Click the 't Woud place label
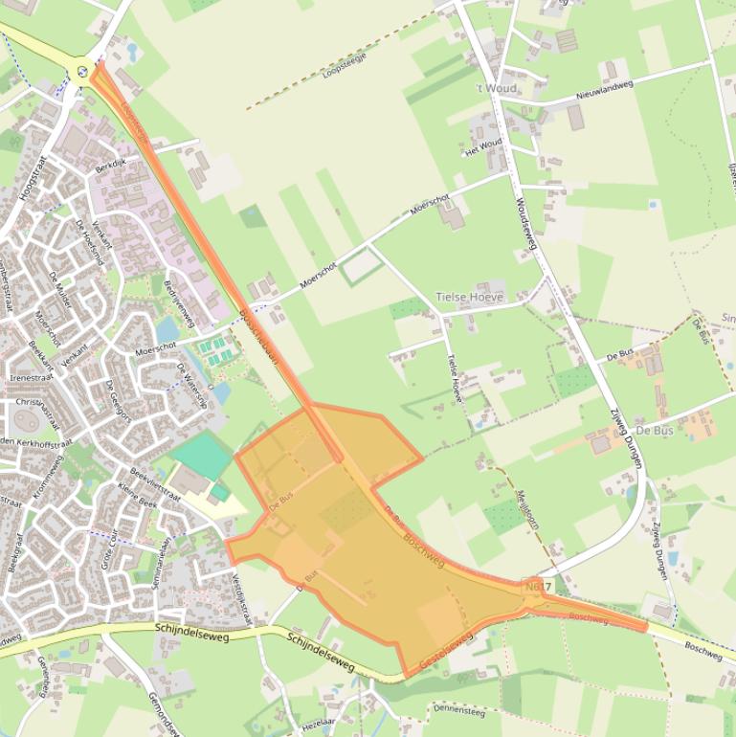coord(496,88)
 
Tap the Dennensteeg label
coord(459,711)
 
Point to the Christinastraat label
coord(36,403)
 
